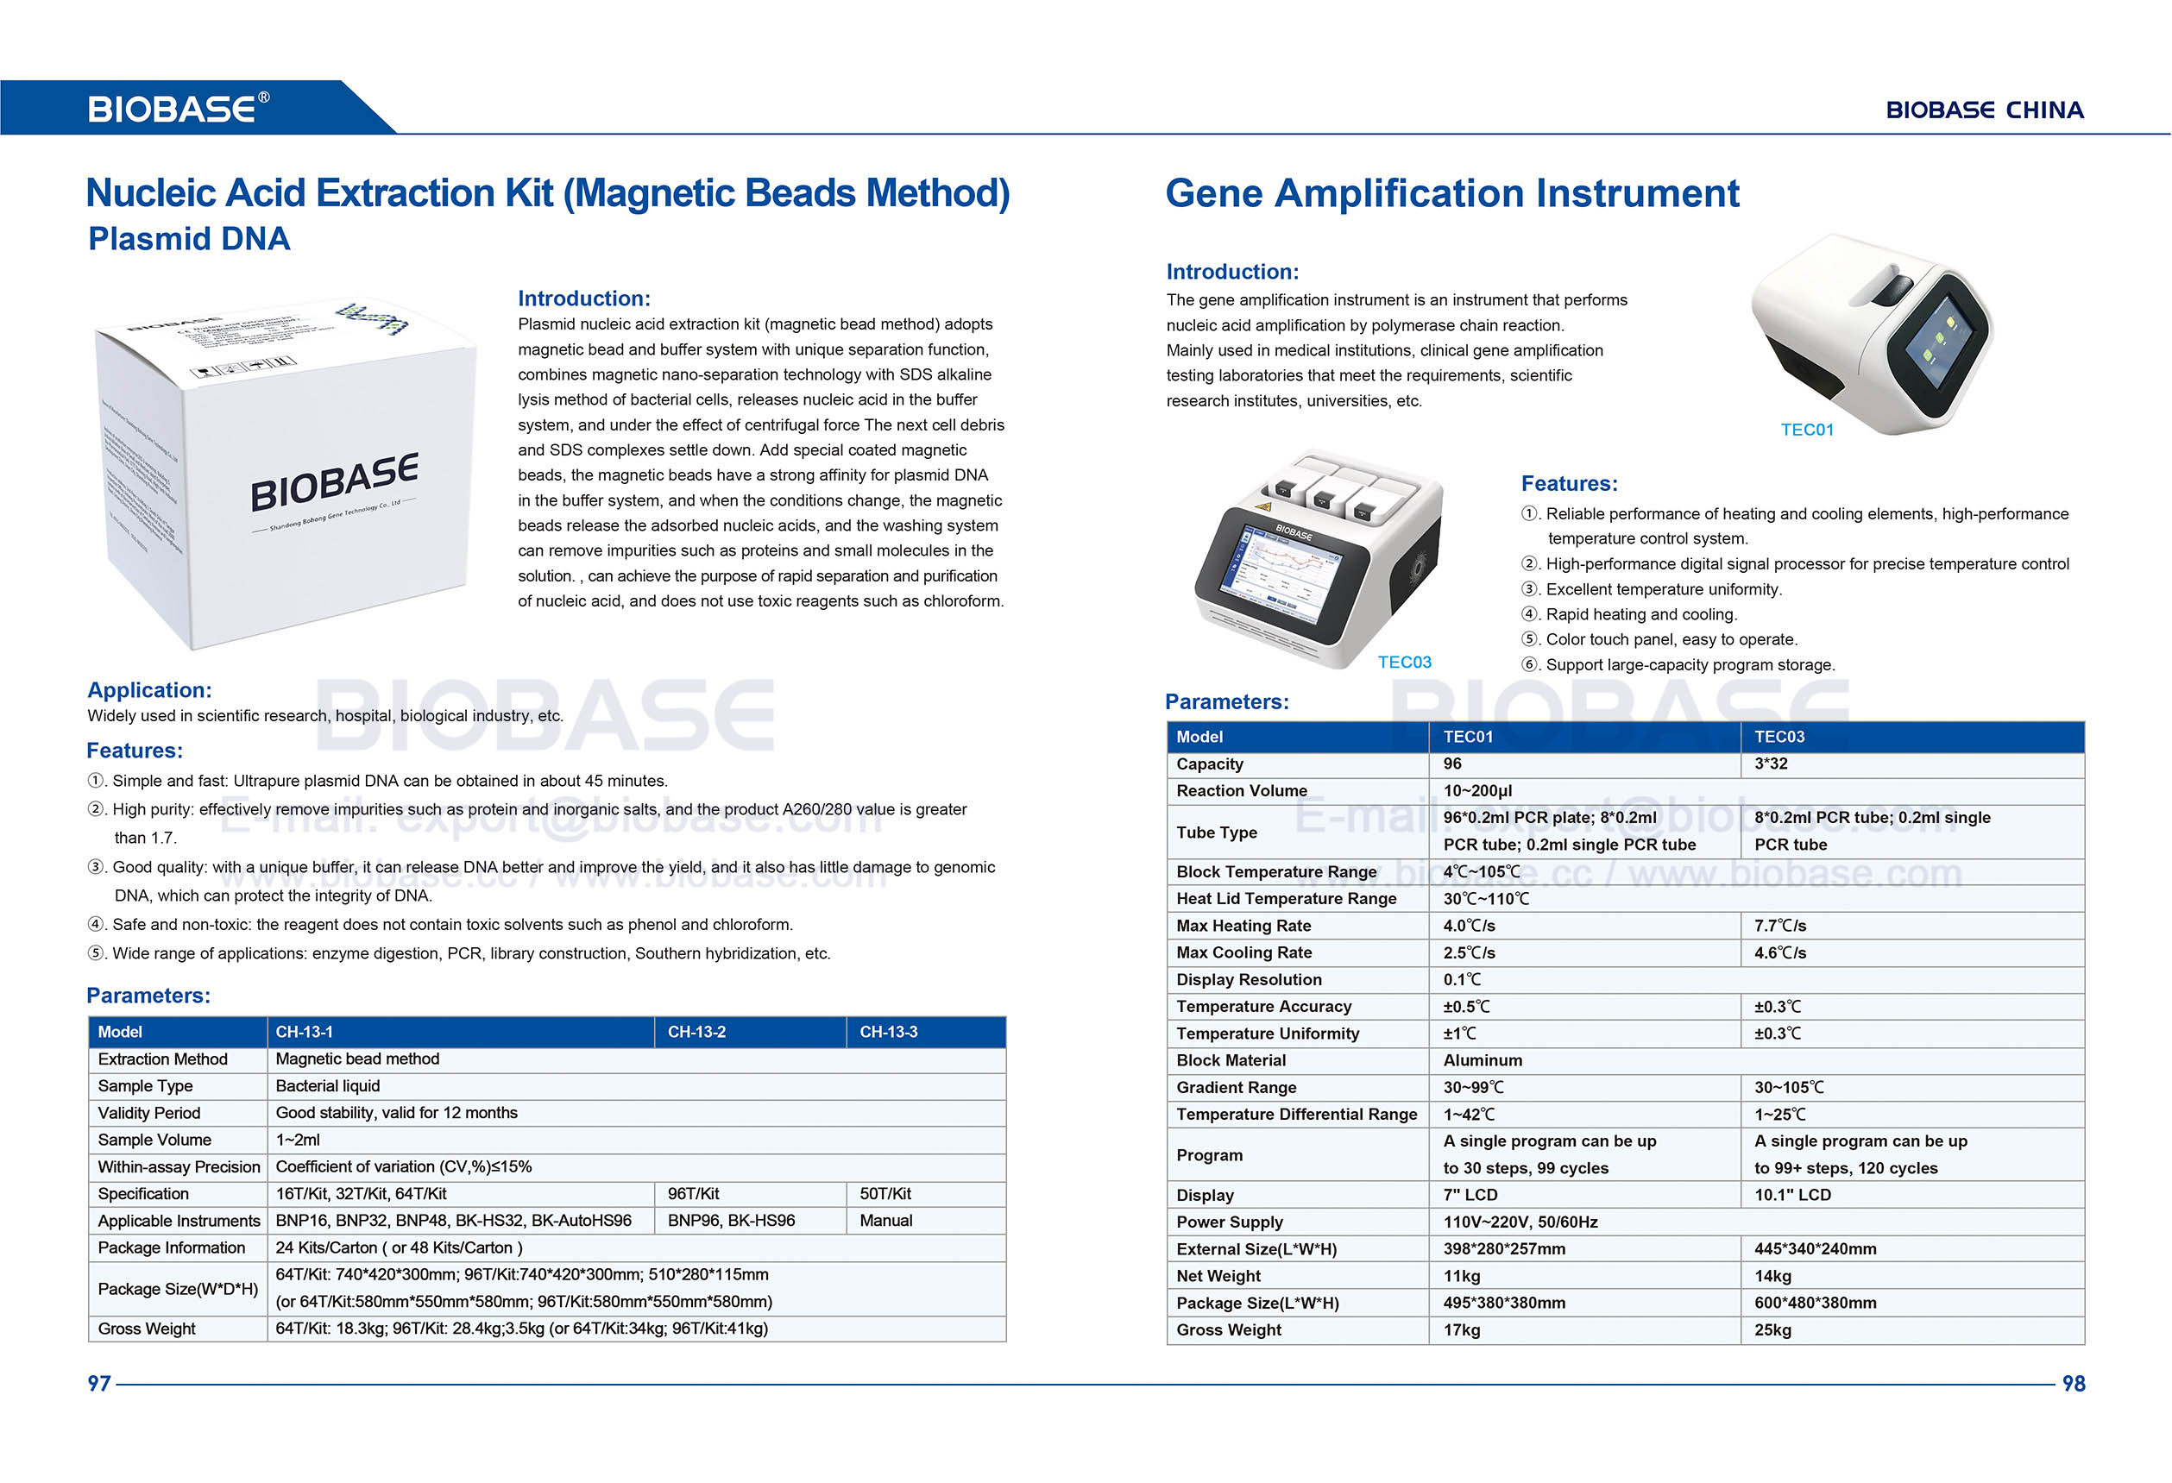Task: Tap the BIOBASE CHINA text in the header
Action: click(x=1984, y=110)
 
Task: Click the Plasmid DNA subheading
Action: click(x=189, y=239)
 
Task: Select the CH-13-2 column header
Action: click(x=696, y=1032)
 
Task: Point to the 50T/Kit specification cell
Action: click(x=885, y=1193)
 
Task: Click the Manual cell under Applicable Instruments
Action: click(x=886, y=1221)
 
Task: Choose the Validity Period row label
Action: click(x=149, y=1113)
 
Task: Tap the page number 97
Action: click(x=99, y=1383)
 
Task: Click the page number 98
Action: click(x=2073, y=1383)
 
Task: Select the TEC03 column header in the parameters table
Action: click(x=1779, y=737)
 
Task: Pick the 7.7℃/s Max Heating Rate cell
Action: click(x=1779, y=925)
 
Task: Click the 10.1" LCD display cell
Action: click(x=1792, y=1194)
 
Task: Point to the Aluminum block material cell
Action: click(x=1483, y=1059)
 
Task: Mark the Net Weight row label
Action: click(x=1218, y=1276)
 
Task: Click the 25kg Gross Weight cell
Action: click(x=1772, y=1329)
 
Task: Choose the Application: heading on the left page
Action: click(x=149, y=689)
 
